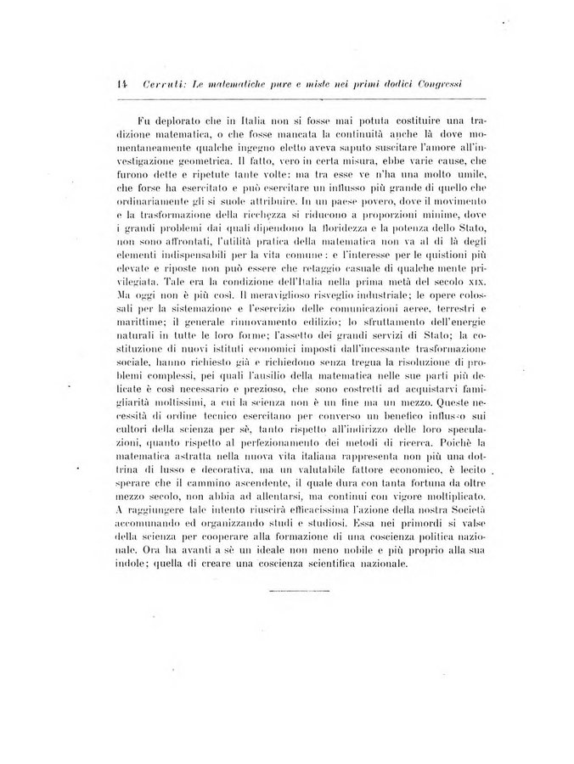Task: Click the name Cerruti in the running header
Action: (163, 84)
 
